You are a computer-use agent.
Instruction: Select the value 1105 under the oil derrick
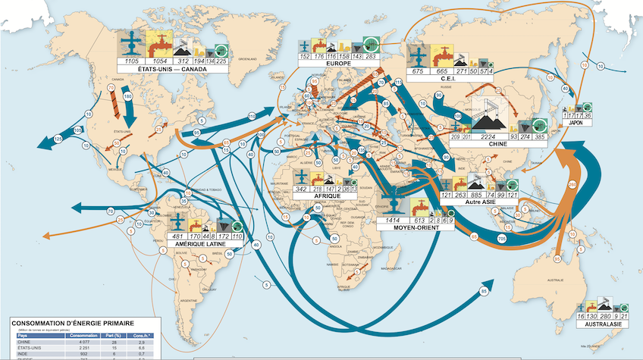click(x=131, y=59)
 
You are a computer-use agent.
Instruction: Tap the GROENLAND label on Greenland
click(x=248, y=58)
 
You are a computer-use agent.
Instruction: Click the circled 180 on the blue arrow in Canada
click(x=127, y=97)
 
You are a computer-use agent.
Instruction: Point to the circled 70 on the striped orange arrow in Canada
click(x=111, y=89)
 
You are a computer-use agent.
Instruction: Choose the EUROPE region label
click(x=339, y=64)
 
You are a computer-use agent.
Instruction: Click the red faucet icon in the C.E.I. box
click(x=442, y=55)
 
